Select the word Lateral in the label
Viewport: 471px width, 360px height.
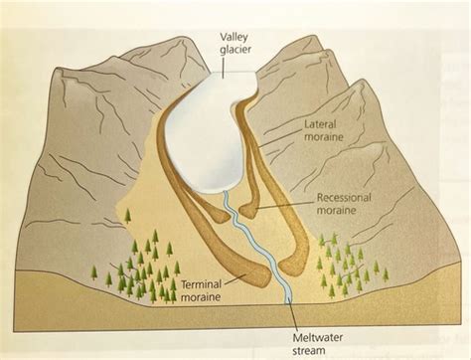(321, 125)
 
